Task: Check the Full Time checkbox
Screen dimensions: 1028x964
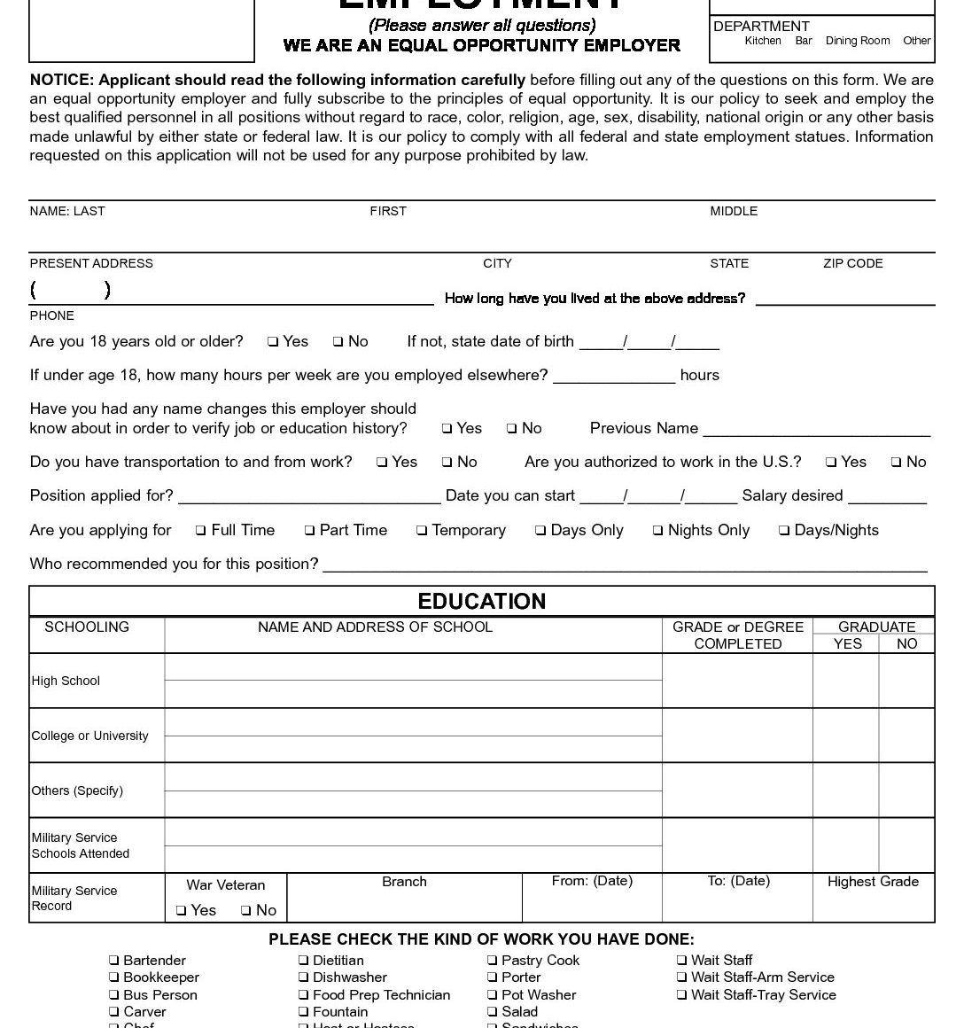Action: coord(201,531)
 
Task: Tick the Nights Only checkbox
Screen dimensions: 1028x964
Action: coord(657,531)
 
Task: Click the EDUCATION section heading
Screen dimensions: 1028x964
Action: coord(481,602)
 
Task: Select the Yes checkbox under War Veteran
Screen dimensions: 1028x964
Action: coord(181,911)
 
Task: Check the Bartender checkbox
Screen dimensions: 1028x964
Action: coord(113,961)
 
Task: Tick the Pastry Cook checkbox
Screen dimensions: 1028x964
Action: coord(492,961)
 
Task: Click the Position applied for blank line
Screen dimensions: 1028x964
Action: coord(309,498)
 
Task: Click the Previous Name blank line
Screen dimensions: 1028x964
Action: coord(816,431)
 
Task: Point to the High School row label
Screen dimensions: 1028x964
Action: coord(66,681)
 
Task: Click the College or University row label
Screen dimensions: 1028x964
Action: coord(89,736)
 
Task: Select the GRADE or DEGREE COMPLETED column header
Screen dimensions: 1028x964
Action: coord(737,635)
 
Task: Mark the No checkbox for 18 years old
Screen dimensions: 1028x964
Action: coord(338,342)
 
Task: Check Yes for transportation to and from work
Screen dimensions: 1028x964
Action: coord(382,463)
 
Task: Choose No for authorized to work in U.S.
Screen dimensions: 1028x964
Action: coord(897,463)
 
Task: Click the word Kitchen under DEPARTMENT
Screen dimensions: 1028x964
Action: coord(762,41)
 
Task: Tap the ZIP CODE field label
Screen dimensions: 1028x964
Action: coord(852,263)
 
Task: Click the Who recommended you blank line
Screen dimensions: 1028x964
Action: coord(625,566)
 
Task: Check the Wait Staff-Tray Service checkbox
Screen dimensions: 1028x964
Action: coord(681,995)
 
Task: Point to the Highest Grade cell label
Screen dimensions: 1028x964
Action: coord(873,882)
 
